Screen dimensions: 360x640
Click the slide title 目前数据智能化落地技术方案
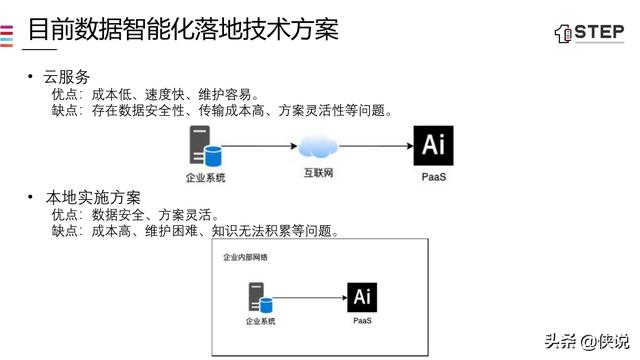182,28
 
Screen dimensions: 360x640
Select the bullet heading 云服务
67,77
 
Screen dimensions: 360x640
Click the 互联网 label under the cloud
319,174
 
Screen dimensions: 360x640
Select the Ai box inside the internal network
362,297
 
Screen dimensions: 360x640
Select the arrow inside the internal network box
311,297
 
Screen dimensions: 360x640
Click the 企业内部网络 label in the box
245,257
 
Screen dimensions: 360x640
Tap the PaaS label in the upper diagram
434,176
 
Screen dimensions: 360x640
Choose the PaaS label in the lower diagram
362,321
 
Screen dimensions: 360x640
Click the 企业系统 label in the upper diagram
206,177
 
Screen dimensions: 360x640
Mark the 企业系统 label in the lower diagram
260,322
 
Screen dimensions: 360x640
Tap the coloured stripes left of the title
7,31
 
